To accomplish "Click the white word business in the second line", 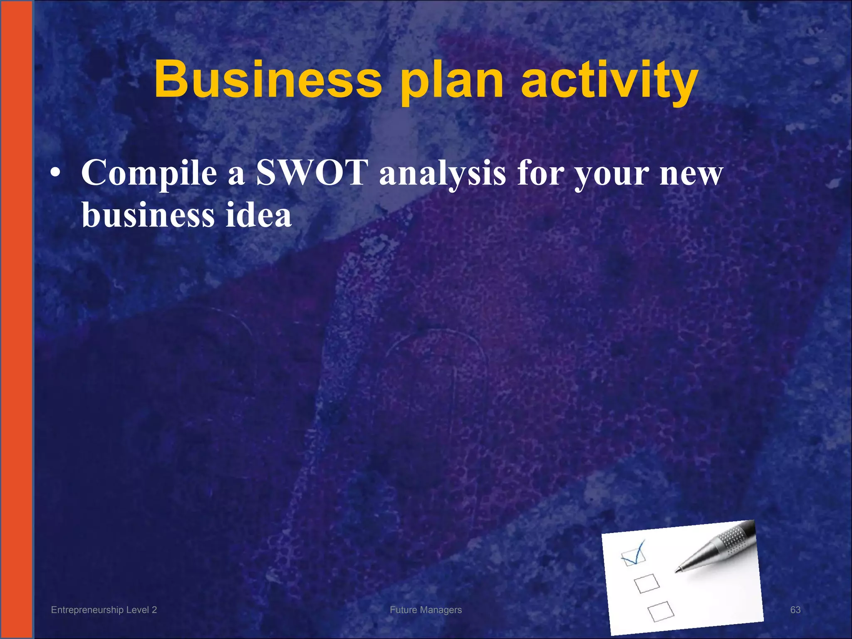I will pyautogui.click(x=148, y=215).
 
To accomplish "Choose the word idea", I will pyautogui.click(x=258, y=215).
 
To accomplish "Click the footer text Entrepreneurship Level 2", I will pyautogui.click(x=104, y=610).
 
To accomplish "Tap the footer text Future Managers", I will pyautogui.click(x=426, y=610).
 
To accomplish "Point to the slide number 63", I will pyautogui.click(x=795, y=610).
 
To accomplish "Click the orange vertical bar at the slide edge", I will pyautogui.click(x=16, y=319).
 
